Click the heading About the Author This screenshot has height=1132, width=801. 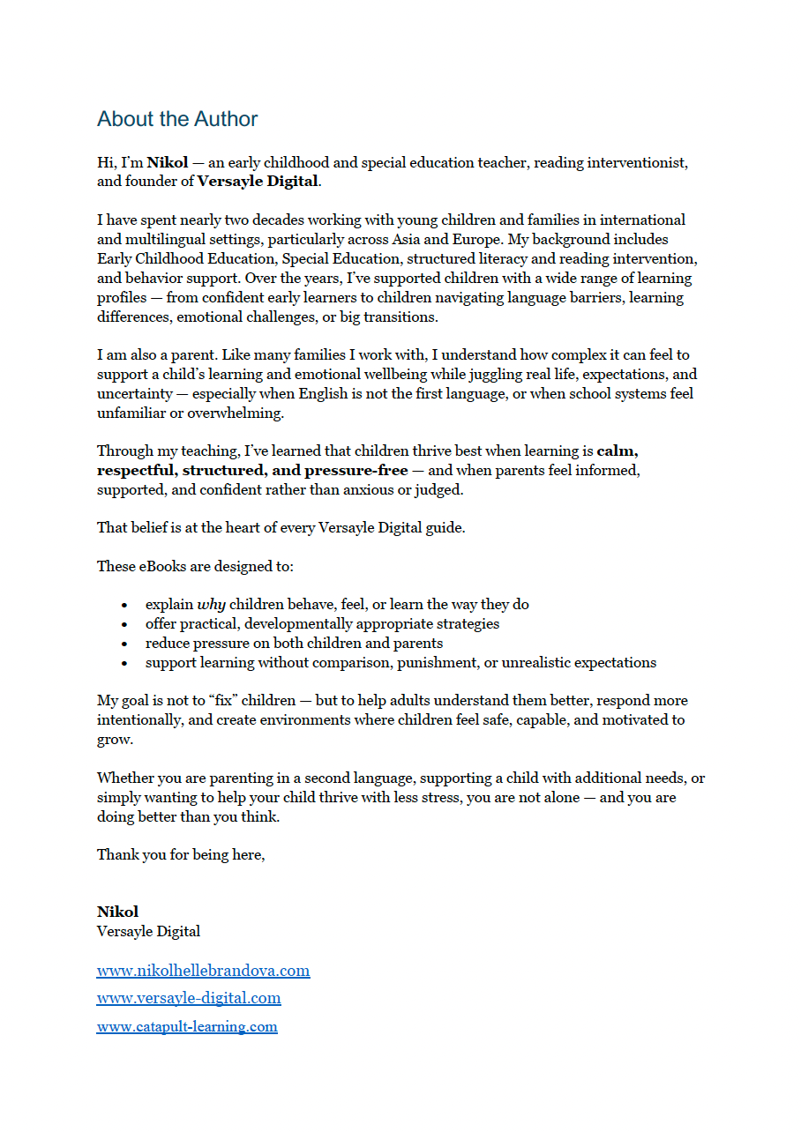point(177,119)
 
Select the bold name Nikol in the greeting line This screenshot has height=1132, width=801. point(168,163)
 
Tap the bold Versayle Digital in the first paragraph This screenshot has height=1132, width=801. point(257,182)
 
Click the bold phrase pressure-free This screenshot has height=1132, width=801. point(356,470)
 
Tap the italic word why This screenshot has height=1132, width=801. point(211,605)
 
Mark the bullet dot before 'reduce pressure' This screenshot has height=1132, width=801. point(125,644)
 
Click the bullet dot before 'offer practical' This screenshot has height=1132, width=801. point(125,624)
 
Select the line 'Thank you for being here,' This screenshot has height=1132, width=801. point(181,854)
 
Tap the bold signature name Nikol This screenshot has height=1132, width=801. point(117,912)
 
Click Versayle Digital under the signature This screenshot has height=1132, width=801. point(148,931)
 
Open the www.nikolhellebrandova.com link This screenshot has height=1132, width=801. point(203,971)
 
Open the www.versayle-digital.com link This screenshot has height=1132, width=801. point(189,998)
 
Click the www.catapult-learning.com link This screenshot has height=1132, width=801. point(187,1026)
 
